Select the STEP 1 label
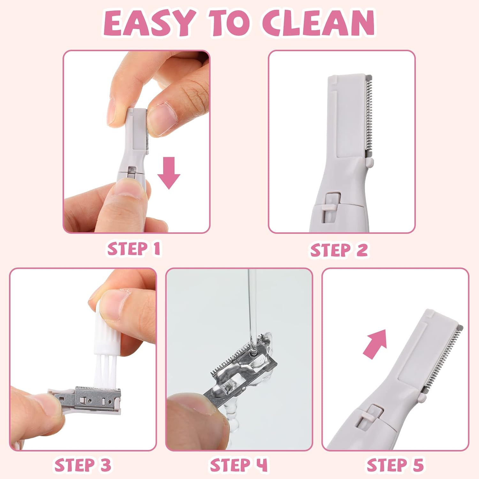(133, 249)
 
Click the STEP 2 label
(339, 250)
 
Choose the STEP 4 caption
(239, 465)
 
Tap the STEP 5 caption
(395, 465)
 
